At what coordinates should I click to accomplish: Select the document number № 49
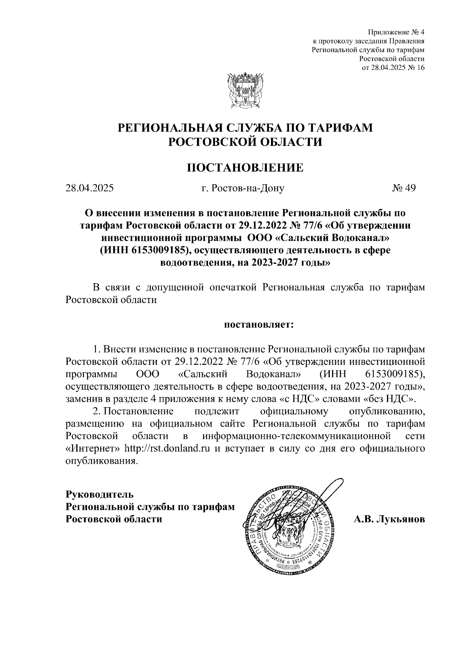(403, 188)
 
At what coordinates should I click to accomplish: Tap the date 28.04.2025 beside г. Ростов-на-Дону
(89, 188)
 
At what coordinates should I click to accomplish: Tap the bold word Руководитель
(100, 494)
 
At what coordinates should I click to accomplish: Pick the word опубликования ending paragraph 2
(101, 461)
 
